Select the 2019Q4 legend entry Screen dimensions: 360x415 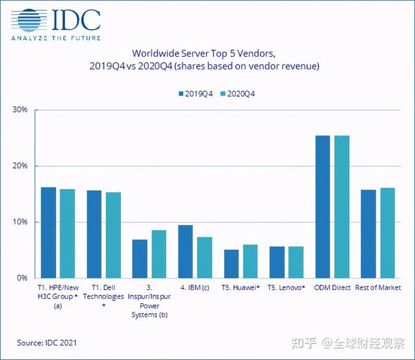[195, 93]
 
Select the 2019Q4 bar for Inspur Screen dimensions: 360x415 [140, 259]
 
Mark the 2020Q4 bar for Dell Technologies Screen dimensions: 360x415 [113, 235]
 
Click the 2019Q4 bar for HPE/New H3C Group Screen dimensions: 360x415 [48, 233]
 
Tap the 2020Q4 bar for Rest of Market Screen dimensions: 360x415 [387, 233]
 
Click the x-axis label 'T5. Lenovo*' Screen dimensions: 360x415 [286, 287]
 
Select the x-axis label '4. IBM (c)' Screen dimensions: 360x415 [194, 287]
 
